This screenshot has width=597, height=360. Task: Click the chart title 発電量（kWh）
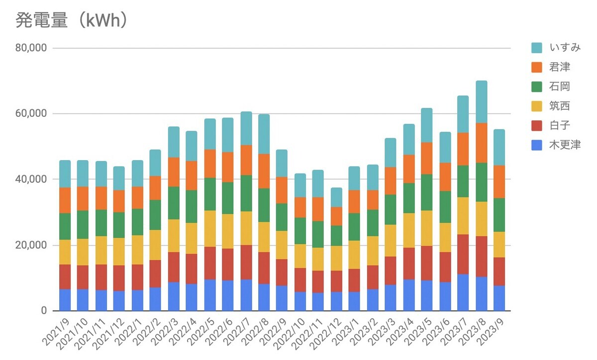click(x=73, y=20)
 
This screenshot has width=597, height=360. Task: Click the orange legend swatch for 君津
click(x=537, y=67)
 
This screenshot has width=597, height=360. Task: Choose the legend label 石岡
click(x=560, y=87)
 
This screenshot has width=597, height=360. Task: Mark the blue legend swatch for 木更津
click(x=537, y=145)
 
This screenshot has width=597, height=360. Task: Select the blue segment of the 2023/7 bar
click(x=463, y=292)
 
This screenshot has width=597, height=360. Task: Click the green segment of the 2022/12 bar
click(x=337, y=236)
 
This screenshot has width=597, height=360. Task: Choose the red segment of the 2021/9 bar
click(x=65, y=277)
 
